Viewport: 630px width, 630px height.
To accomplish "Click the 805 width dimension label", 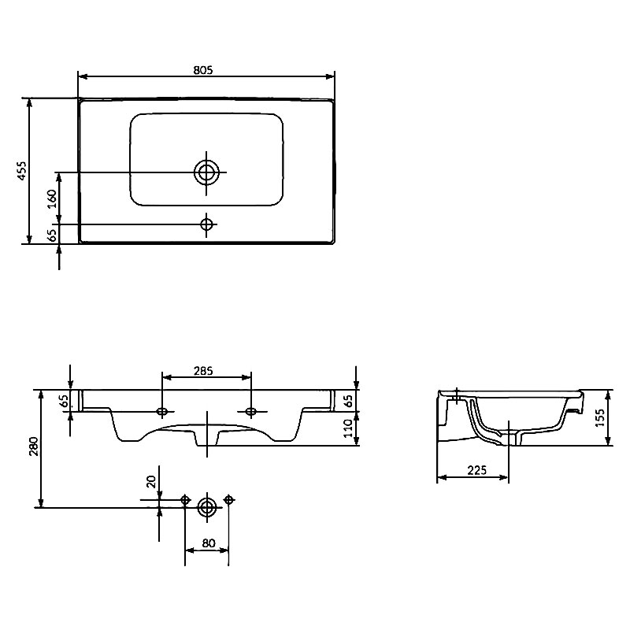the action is click(x=203, y=70).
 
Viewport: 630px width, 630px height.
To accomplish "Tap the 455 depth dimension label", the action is click(x=22, y=171).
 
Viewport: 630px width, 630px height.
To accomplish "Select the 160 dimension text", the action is click(x=52, y=199).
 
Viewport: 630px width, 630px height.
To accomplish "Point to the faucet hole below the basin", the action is click(x=206, y=224).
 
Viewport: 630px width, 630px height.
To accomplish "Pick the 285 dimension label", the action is click(x=203, y=371).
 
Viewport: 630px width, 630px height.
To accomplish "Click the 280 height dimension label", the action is click(x=34, y=447).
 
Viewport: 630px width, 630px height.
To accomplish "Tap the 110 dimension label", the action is click(x=348, y=428).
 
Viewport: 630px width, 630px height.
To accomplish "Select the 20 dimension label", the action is click(x=151, y=481).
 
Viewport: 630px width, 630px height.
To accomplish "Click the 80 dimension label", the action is click(x=209, y=543).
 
